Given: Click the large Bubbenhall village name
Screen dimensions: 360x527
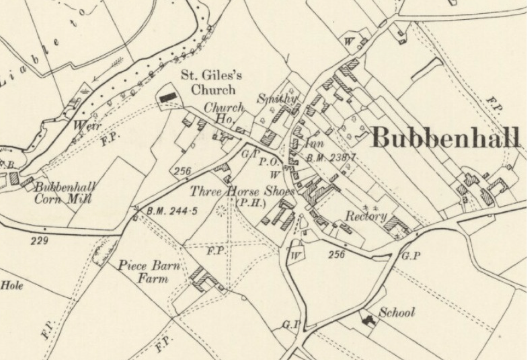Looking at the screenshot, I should click(x=445, y=137).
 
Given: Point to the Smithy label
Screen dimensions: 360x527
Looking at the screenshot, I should click(x=277, y=99).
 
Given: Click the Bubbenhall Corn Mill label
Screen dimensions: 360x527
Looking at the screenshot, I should click(x=64, y=193).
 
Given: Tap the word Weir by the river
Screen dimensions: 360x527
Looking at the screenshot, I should click(x=87, y=126).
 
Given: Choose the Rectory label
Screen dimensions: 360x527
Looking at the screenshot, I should click(x=366, y=216).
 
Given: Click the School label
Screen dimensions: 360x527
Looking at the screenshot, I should click(x=397, y=312).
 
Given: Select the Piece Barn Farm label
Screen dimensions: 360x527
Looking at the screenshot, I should click(x=149, y=272).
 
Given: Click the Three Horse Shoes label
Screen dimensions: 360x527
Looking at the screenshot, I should click(x=242, y=191).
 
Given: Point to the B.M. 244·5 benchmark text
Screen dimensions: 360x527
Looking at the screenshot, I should click(x=172, y=211).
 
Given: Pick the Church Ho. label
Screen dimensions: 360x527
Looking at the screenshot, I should click(x=223, y=113).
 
